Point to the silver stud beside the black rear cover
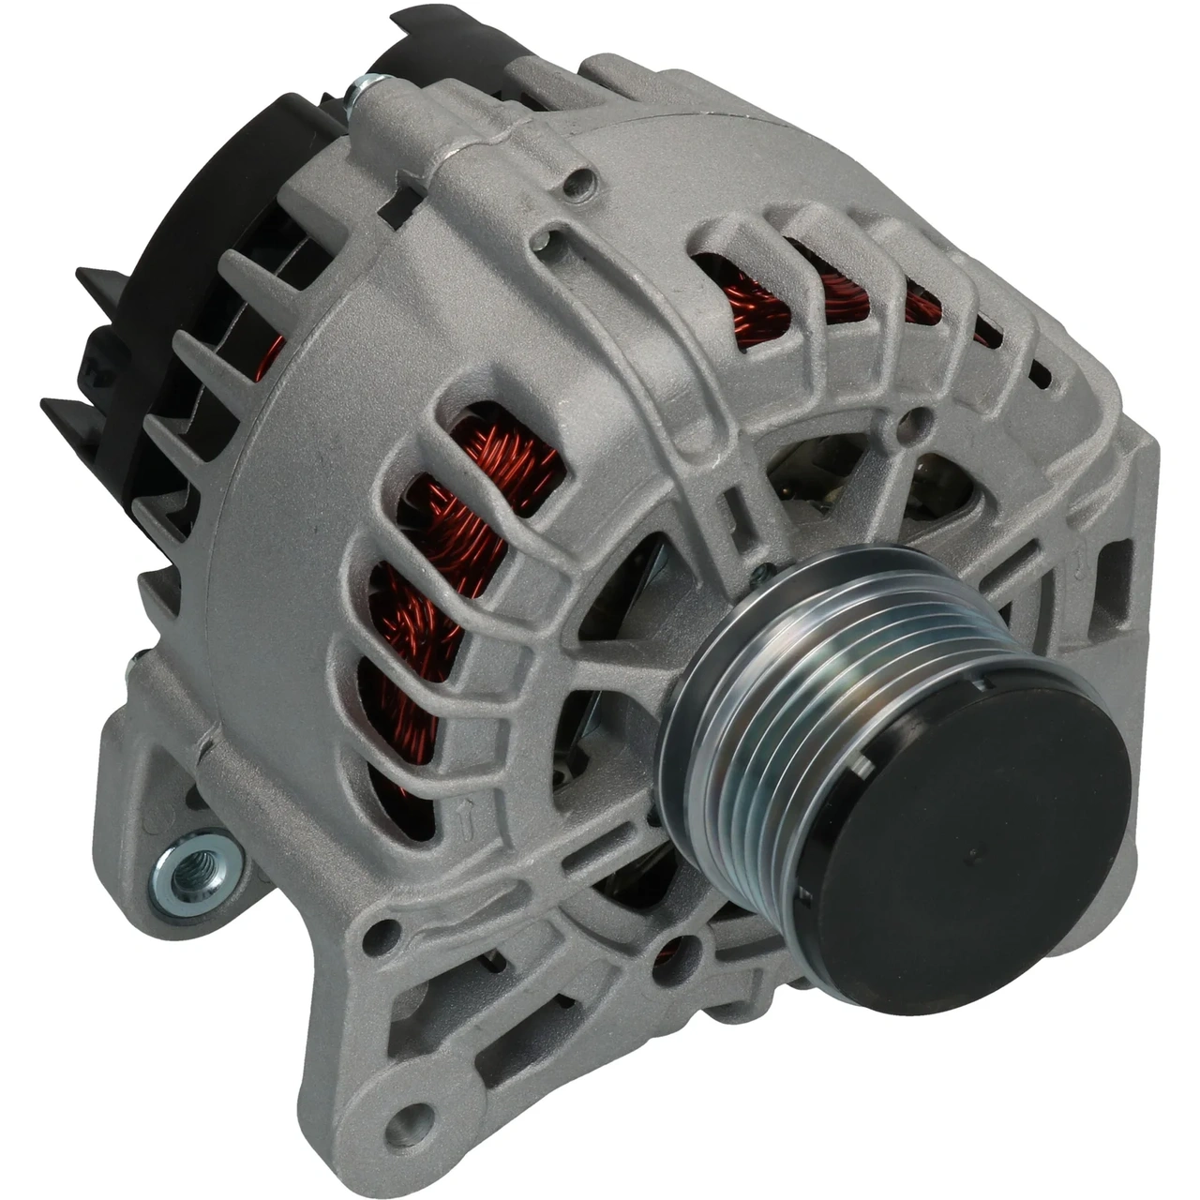pos(361,94)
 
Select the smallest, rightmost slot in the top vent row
pos(1038,373)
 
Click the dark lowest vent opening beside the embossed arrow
pos(405,806)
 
